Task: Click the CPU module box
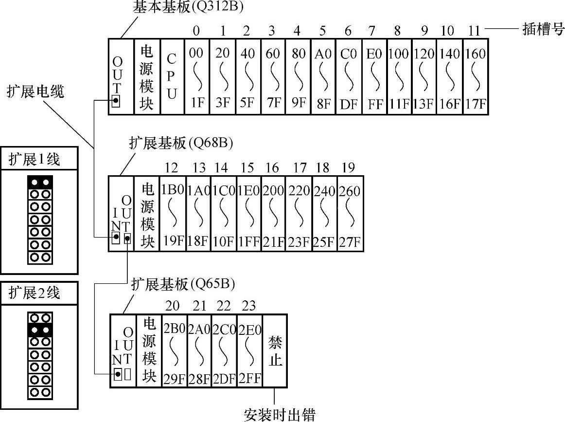[172, 77]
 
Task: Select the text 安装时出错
[279, 414]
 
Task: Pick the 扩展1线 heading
[34, 160]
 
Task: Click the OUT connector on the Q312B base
[116, 101]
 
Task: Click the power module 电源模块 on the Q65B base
[149, 350]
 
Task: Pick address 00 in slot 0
[196, 53]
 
